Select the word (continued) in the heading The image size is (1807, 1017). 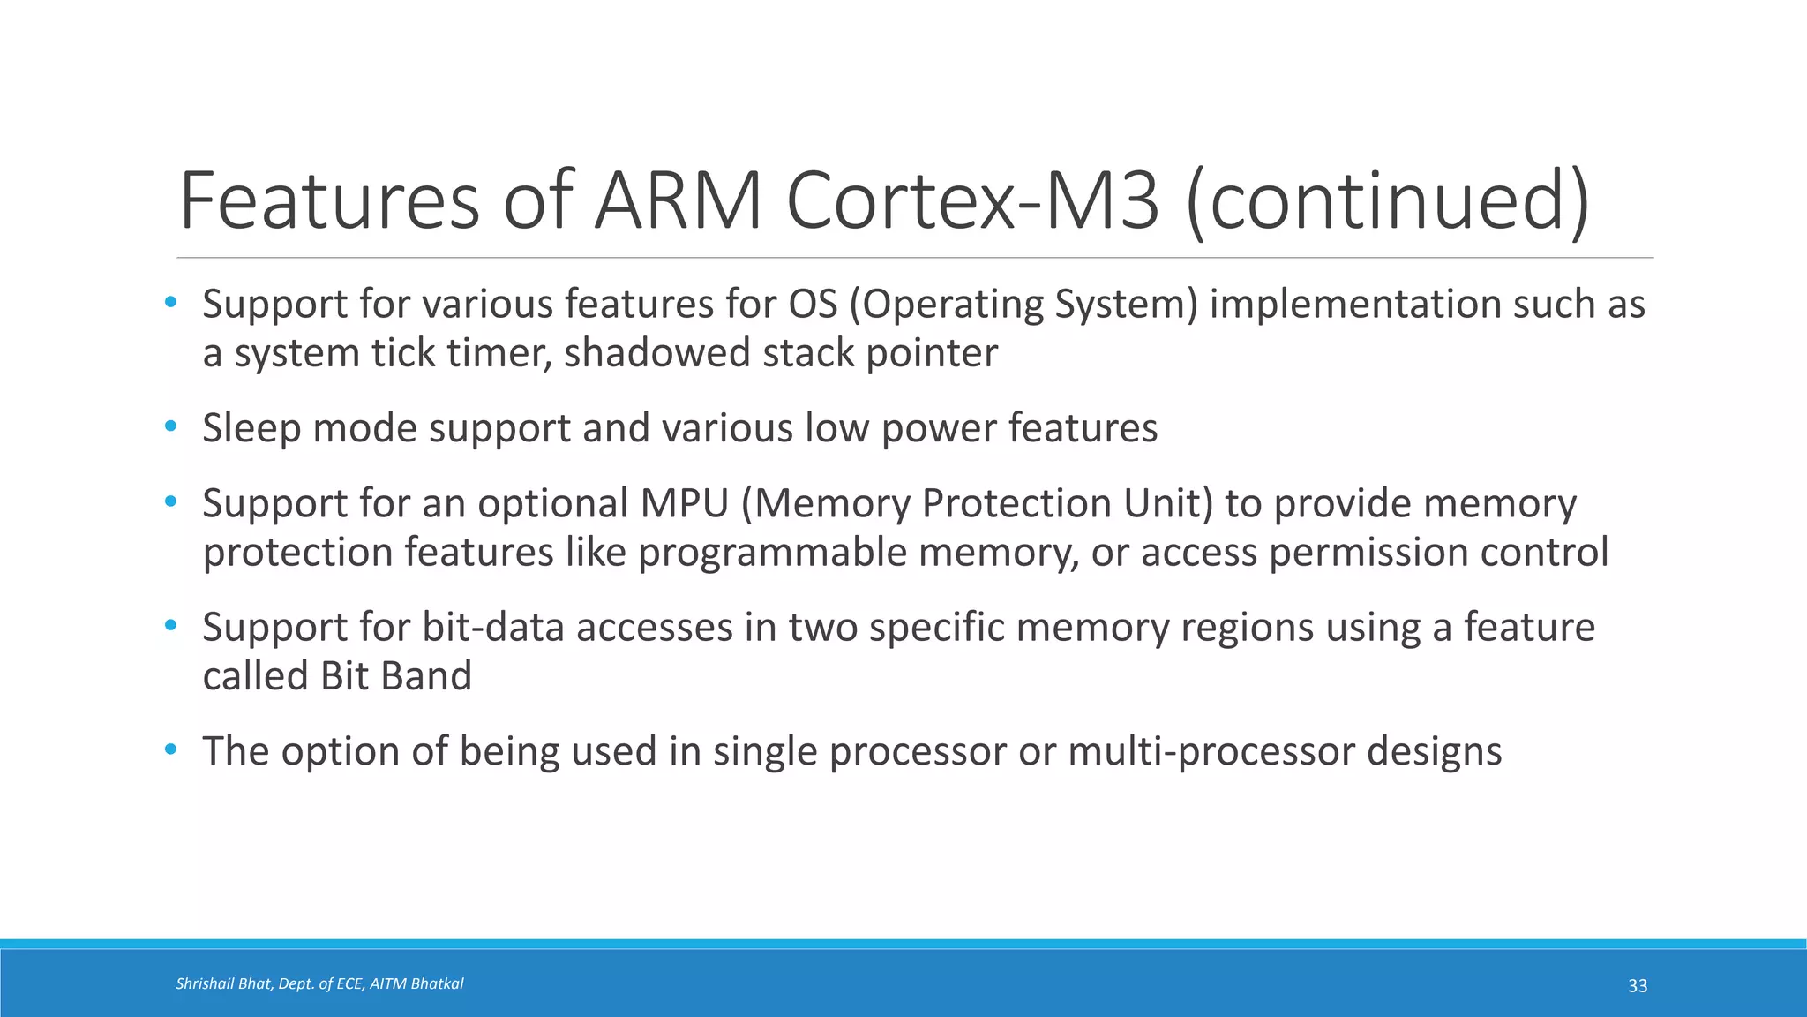[x=1388, y=202]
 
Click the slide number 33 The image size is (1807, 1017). [x=1638, y=986]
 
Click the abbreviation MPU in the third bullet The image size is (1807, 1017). [x=684, y=504]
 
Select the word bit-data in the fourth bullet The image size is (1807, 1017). [x=493, y=628]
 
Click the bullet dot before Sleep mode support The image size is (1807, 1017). [x=170, y=427]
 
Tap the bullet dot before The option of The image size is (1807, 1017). [x=170, y=750]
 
